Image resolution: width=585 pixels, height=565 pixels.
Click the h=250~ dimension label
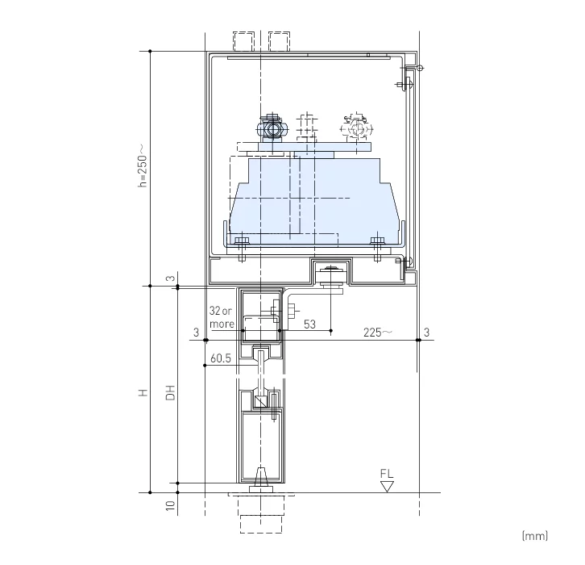tap(142, 165)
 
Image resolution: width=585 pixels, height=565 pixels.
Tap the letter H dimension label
tap(142, 393)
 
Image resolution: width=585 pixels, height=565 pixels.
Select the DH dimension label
tap(170, 393)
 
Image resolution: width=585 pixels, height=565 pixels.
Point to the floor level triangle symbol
tap(388, 486)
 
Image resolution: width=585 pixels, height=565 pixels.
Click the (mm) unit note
tap(535, 535)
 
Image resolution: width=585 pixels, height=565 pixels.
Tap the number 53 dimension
tap(310, 324)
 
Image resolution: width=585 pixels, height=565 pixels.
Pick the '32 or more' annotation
tap(222, 317)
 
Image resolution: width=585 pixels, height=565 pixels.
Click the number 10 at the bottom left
tap(170, 506)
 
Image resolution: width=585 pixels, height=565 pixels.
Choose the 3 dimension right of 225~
tap(426, 332)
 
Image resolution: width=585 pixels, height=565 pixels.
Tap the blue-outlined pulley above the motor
tap(273, 128)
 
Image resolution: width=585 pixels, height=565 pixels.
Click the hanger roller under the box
tap(330, 277)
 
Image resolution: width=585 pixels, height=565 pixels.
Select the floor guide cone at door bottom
tap(260, 478)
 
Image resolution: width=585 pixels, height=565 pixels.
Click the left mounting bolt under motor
tap(241, 242)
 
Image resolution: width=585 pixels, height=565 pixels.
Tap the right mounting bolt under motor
tap(376, 242)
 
